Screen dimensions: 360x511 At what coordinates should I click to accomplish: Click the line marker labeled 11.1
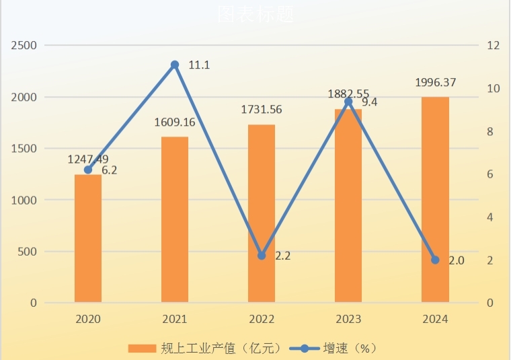175,65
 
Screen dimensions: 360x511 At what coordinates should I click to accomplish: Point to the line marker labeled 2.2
262,256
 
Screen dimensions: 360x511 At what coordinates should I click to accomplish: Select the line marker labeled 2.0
435,260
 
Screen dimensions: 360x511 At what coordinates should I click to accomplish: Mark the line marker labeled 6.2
88,170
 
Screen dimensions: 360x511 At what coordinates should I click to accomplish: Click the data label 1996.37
435,83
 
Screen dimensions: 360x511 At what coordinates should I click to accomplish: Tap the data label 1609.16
175,122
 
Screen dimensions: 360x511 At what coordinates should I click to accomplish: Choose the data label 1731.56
262,110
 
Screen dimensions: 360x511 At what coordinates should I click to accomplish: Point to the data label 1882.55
348,94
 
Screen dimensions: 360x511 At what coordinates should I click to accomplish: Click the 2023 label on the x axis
348,319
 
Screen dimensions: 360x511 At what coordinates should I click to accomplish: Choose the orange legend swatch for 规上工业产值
141,348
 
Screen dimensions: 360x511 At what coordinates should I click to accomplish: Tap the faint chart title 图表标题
255,14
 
